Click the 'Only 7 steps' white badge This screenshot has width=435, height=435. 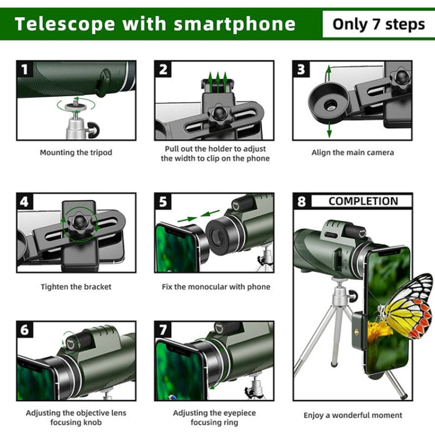pyautogui.click(x=378, y=24)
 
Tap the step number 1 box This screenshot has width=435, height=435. pyautogui.click(x=25, y=70)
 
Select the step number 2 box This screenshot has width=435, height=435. pyautogui.click(x=164, y=70)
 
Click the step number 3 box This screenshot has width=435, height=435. pyautogui.click(x=301, y=70)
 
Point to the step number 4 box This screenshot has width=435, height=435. pyautogui.click(x=25, y=202)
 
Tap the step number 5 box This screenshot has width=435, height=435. pyautogui.click(x=164, y=202)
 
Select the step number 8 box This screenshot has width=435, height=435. pyautogui.click(x=301, y=202)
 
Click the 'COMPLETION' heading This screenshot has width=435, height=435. pyautogui.click(x=363, y=201)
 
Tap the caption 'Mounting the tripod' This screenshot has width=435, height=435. pyautogui.click(x=76, y=153)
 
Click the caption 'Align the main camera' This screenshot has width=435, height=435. pyautogui.click(x=352, y=153)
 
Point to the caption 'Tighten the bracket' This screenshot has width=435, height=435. pyautogui.click(x=76, y=287)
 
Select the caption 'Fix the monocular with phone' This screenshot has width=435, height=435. pyautogui.click(x=216, y=287)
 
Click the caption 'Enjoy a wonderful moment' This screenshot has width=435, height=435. pyautogui.click(x=353, y=415)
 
